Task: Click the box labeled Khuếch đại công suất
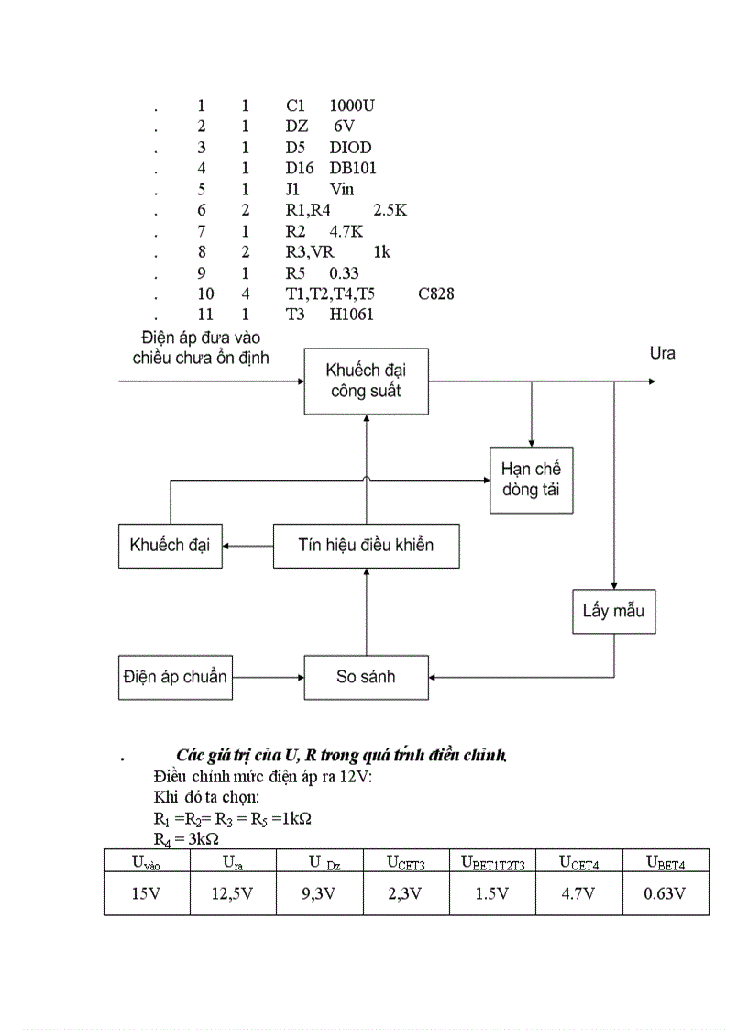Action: pos(366,382)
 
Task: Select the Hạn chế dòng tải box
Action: pos(530,478)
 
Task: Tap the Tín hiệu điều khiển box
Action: pos(366,545)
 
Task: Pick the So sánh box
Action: pos(366,679)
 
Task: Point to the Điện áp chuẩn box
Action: pos(174,679)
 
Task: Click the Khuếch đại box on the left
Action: pos(170,545)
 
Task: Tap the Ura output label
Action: pos(662,353)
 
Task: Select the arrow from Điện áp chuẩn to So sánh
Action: pos(267,679)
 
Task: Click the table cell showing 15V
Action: pos(146,893)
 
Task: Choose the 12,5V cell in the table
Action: pos(233,893)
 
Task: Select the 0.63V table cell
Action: pos(665,893)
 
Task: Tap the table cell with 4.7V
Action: pos(578,893)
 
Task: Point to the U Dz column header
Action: pos(319,861)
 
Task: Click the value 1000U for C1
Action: pos(351,105)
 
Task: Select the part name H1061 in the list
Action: pos(352,315)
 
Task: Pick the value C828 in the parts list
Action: pos(435,293)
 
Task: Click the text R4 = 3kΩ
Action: pos(184,837)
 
